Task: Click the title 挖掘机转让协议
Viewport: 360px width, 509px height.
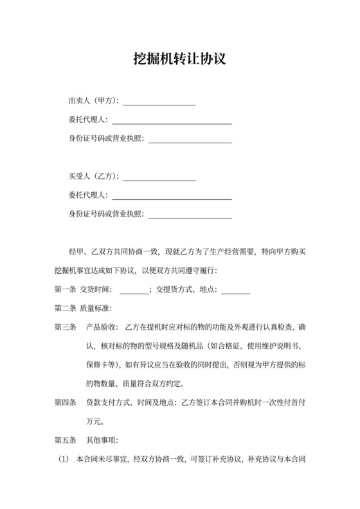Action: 180,59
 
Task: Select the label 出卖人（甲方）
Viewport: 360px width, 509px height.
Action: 93,101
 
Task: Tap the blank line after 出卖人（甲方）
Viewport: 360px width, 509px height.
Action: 159,103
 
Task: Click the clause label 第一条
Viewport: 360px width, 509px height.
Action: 66,289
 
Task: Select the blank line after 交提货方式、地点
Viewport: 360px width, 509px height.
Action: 235,291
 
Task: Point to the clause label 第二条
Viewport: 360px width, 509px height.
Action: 66,308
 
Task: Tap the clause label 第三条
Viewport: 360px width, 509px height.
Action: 66,328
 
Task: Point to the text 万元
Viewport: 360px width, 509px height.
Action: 93,422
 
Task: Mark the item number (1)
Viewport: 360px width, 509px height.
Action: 63,460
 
